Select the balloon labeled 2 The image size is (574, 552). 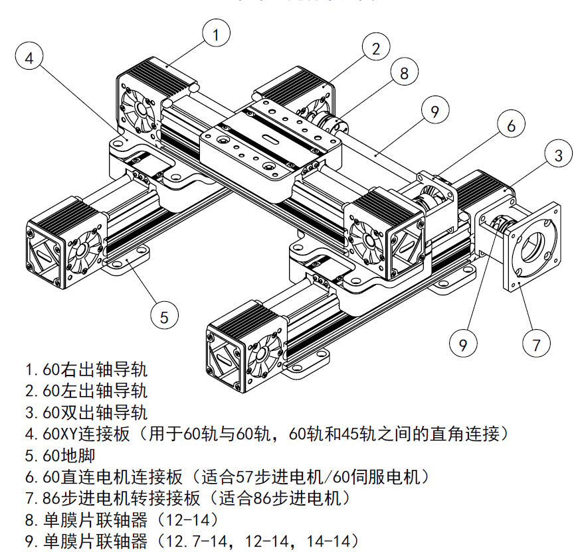376,48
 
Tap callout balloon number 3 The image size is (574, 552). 558,155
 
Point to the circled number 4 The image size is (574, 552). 29,58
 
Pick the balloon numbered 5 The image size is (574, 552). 164,316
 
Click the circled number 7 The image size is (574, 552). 536,344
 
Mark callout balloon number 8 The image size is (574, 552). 404,73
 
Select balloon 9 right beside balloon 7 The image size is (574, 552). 463,344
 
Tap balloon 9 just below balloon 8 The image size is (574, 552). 434,111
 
